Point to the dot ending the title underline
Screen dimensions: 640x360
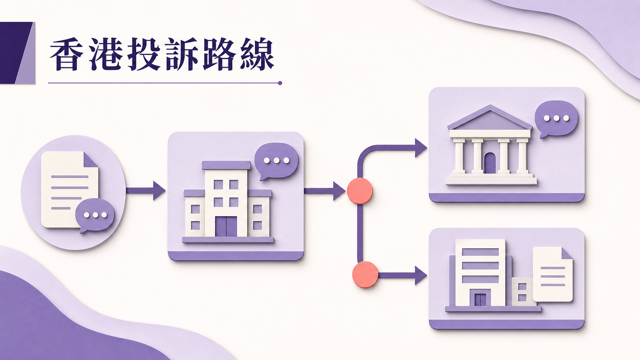coord(280,83)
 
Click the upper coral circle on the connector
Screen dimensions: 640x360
coord(360,191)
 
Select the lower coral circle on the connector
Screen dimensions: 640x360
coord(365,275)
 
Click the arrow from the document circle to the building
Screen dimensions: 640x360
coord(146,191)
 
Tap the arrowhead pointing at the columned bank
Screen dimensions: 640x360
coord(421,148)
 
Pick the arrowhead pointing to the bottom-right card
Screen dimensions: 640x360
coord(421,275)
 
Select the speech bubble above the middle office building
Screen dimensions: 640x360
coord(276,161)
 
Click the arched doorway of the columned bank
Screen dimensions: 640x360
coord(490,163)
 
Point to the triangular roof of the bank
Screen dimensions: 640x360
coord(490,117)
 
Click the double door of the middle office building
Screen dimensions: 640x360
coord(226,226)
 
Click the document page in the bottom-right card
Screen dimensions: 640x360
coord(553,274)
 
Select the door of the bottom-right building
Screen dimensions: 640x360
coord(480,299)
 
